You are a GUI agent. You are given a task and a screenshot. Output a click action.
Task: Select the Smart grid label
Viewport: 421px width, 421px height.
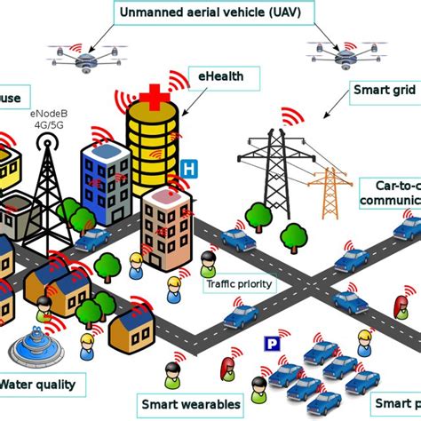click(385, 90)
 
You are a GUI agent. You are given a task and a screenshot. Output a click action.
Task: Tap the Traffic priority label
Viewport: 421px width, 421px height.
click(241, 285)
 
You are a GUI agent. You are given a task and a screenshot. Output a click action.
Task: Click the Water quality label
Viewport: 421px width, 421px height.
click(43, 385)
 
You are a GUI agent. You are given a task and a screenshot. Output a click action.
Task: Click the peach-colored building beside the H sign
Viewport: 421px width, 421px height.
click(166, 223)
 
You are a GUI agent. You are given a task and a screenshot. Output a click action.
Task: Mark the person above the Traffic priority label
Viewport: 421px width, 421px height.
click(208, 262)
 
